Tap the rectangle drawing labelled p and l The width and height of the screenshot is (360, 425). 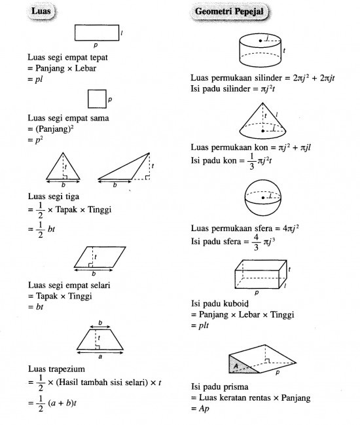[x=96, y=32]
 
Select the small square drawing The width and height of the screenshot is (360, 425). [x=96, y=99]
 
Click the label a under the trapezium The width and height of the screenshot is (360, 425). [x=100, y=358]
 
